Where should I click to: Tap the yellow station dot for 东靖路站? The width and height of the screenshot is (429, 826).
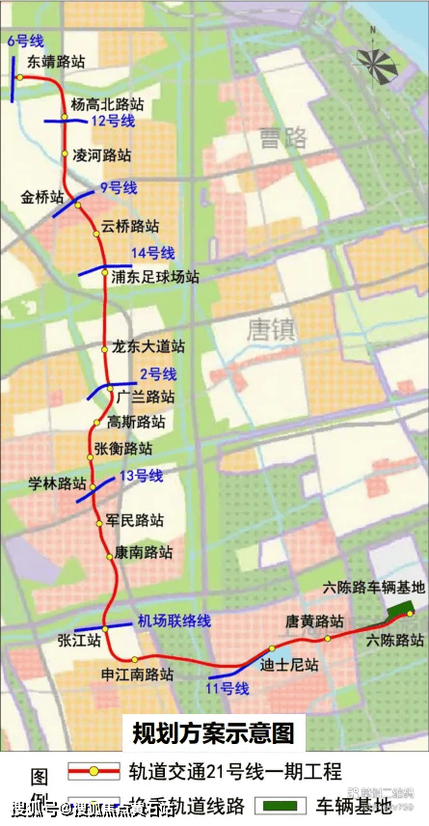[18, 76]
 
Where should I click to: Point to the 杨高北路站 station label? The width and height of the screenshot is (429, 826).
[108, 104]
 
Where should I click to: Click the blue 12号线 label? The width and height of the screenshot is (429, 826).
[113, 122]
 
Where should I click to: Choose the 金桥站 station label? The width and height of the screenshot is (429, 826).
[42, 197]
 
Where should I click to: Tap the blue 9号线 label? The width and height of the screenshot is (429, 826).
[119, 187]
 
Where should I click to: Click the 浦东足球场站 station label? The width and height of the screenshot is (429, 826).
[155, 277]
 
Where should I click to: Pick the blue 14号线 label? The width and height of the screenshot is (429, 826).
[152, 253]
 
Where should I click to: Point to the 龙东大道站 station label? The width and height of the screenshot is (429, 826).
[148, 347]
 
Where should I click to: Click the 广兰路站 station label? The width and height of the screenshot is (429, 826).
[146, 397]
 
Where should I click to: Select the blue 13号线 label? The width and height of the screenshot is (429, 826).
[142, 476]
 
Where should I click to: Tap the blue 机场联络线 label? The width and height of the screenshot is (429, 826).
[174, 621]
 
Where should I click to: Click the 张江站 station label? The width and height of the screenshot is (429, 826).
[79, 640]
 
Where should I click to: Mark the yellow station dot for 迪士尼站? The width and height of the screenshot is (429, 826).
[273, 648]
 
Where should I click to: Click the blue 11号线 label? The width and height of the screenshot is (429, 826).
[228, 688]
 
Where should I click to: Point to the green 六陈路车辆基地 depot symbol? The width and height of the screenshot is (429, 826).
[396, 609]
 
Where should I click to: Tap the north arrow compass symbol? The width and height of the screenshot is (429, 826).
[377, 62]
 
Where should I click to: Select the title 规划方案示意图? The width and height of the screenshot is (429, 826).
[213, 733]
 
